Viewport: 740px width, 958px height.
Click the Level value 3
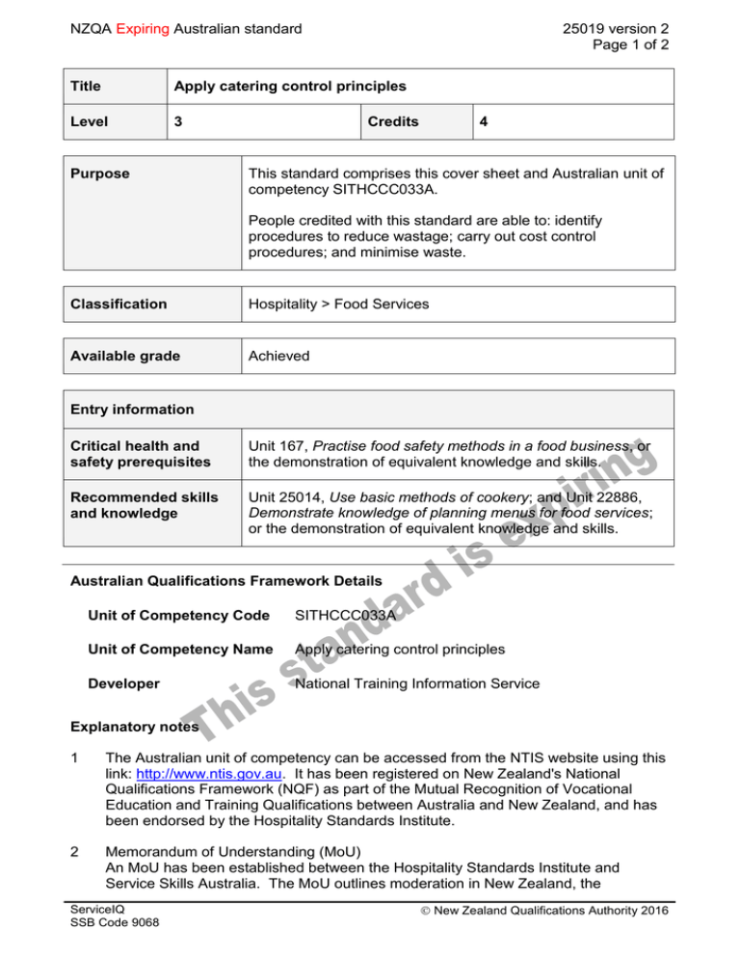[x=176, y=122]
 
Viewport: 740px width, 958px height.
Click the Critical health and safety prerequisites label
[x=134, y=453]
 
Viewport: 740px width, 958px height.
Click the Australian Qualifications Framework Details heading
[x=226, y=581]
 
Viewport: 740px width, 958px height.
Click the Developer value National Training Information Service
[x=418, y=684]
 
